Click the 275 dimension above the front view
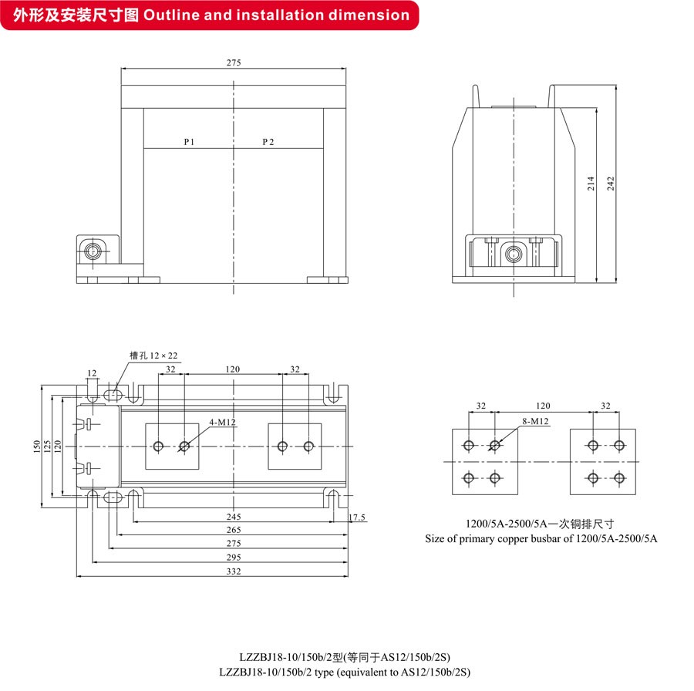[234, 63]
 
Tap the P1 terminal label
[190, 142]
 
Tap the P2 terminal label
[268, 142]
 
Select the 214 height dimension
[591, 183]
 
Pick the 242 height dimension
[611, 183]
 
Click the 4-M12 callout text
[221, 423]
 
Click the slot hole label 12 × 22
[153, 356]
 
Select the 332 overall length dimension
[234, 571]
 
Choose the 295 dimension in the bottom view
[234, 558]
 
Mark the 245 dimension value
[234, 517]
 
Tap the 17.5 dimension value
[357, 517]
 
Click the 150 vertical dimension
[36, 446]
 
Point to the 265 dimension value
[234, 531]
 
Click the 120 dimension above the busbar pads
[543, 405]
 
